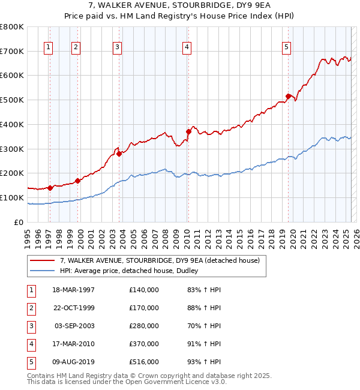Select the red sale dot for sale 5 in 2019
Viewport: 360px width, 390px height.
click(288, 95)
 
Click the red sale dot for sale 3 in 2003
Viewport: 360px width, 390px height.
click(119, 154)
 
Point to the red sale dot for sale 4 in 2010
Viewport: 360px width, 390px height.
click(188, 131)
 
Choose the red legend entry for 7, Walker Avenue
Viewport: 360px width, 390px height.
click(159, 260)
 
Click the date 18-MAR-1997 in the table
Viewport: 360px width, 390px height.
click(74, 290)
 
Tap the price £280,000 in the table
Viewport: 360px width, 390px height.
click(144, 326)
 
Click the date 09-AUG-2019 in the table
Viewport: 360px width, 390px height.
click(74, 362)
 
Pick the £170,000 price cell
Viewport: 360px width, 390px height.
click(144, 308)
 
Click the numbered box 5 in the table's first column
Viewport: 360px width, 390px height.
click(31, 362)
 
